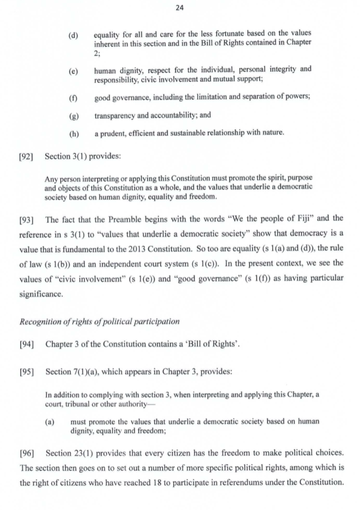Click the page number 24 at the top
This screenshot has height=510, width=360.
[x=179, y=8]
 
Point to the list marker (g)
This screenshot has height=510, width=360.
[x=74, y=116]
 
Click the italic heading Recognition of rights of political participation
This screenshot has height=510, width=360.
[x=99, y=322]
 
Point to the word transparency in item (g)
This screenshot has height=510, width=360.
[x=118, y=116]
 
